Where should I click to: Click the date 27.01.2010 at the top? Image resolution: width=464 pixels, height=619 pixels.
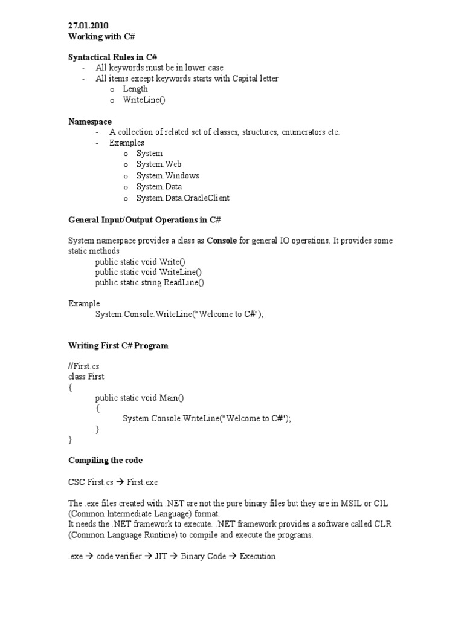tap(88, 25)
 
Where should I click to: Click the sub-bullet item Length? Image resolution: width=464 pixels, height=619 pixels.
tap(135, 89)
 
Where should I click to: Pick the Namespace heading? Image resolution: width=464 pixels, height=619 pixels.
tap(90, 122)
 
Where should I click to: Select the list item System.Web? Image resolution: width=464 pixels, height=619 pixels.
tap(159, 164)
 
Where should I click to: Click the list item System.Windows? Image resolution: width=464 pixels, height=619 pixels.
tap(167, 175)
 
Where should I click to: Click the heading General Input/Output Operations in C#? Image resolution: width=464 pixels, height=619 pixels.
tap(149, 219)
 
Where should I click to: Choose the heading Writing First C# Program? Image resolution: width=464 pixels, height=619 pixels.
tap(118, 346)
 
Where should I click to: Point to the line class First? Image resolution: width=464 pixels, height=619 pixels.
tap(86, 377)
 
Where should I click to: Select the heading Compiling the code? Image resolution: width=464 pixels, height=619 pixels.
tap(106, 461)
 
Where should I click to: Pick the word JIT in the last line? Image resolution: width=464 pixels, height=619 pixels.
tap(161, 556)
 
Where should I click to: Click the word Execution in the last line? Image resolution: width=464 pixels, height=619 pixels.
tap(257, 556)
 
